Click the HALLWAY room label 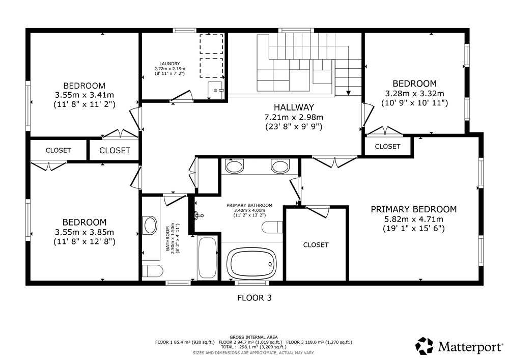pos(294,107)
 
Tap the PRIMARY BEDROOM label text pos(413,209)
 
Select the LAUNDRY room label pos(169,64)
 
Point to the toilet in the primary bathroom pos(272,227)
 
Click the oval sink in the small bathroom pos(150,225)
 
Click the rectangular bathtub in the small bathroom pos(208,258)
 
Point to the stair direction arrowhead pos(348,93)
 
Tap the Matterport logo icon pos(425,346)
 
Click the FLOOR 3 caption pos(254,298)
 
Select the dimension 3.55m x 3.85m pos(84,232)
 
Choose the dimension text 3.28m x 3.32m pos(414,94)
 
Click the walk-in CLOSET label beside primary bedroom pos(316,245)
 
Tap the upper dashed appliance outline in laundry pos(211,44)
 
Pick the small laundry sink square pos(215,90)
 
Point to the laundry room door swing pos(182,96)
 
